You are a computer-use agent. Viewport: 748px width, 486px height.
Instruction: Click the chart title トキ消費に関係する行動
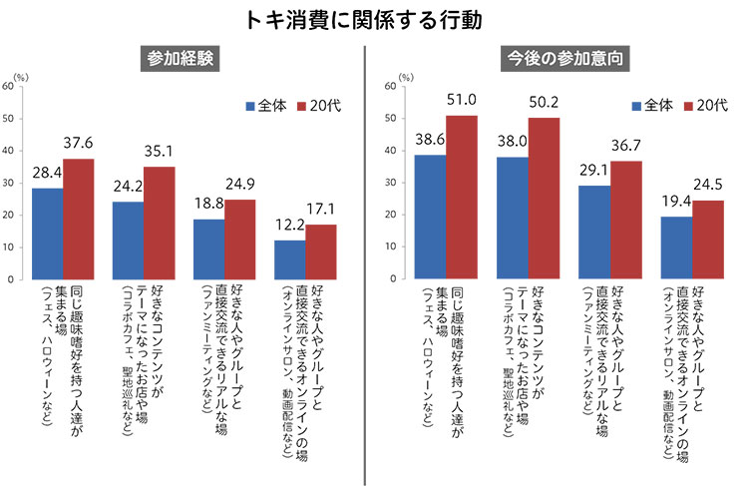click(x=374, y=20)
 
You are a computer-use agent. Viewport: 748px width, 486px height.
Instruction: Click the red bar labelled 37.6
click(x=79, y=219)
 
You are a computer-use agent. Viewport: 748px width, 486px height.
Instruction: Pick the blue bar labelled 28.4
click(x=47, y=234)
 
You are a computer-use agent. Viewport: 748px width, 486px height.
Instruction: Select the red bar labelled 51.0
click(x=461, y=198)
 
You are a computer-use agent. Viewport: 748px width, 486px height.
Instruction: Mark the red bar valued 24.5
click(x=707, y=240)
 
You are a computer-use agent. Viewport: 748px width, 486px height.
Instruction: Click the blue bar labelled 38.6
click(x=430, y=217)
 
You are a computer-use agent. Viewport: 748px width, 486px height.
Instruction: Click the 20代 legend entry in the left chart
click(x=322, y=105)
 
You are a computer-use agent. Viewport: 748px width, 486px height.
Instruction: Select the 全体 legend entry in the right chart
click(x=649, y=105)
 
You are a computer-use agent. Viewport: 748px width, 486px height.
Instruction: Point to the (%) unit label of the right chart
click(x=405, y=76)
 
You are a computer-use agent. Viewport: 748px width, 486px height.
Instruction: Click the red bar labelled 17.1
click(x=321, y=251)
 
